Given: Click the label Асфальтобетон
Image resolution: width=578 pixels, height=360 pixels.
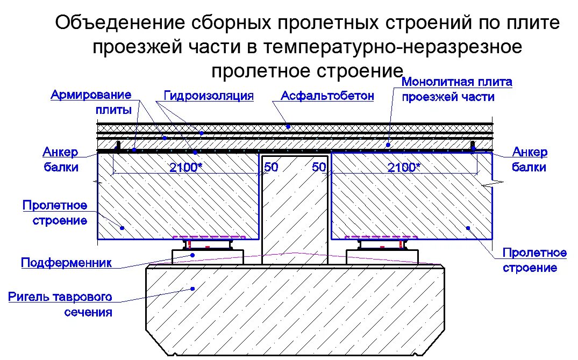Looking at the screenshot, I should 327,96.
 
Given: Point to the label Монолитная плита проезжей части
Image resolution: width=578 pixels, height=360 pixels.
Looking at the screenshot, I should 456,90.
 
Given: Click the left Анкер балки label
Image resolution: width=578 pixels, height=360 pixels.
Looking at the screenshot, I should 61,160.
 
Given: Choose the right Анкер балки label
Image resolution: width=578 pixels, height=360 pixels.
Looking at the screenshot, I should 530,160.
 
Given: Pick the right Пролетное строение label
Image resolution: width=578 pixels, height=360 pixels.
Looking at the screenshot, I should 535,260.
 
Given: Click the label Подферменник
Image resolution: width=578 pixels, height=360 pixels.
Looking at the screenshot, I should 66,263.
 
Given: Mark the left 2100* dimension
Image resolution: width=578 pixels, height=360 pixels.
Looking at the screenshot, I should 186,168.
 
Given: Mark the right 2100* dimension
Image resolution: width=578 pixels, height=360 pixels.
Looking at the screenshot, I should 404,168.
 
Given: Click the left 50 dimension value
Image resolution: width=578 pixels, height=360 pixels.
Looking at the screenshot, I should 271,168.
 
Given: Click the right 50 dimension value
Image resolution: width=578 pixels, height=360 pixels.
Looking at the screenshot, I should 319,168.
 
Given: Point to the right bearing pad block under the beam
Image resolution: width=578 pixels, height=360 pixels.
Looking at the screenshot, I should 382,256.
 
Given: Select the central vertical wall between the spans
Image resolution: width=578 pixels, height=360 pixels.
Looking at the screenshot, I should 295,210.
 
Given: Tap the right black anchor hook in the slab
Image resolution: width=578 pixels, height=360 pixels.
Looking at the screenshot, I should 473,146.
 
